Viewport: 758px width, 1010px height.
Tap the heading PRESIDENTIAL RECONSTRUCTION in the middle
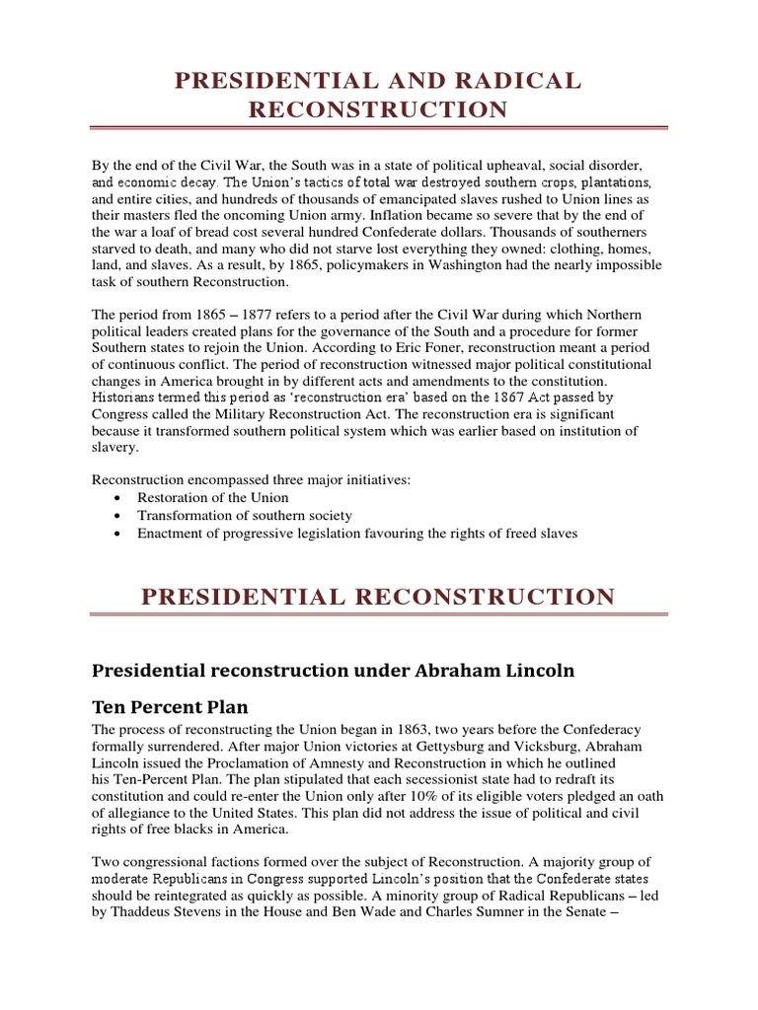379,596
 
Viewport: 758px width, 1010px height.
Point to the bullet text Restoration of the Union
213,498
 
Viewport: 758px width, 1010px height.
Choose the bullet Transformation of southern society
245,516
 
